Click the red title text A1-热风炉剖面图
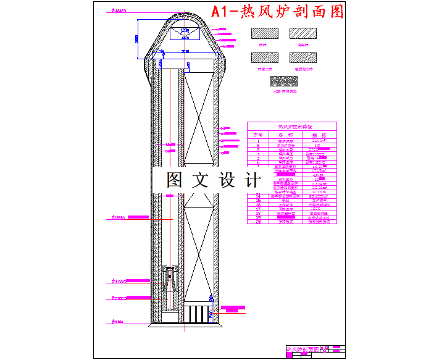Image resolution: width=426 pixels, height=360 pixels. (x=277, y=12)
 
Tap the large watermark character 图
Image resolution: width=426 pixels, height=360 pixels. (x=175, y=180)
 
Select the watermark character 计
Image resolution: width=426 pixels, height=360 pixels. (x=253, y=180)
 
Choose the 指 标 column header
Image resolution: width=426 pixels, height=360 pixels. (x=319, y=134)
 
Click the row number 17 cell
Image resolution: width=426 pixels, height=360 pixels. (x=259, y=209)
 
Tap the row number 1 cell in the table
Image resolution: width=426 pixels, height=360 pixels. (x=259, y=141)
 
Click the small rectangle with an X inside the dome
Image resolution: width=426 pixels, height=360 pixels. (x=184, y=35)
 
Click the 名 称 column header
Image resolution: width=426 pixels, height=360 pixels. (x=285, y=134)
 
